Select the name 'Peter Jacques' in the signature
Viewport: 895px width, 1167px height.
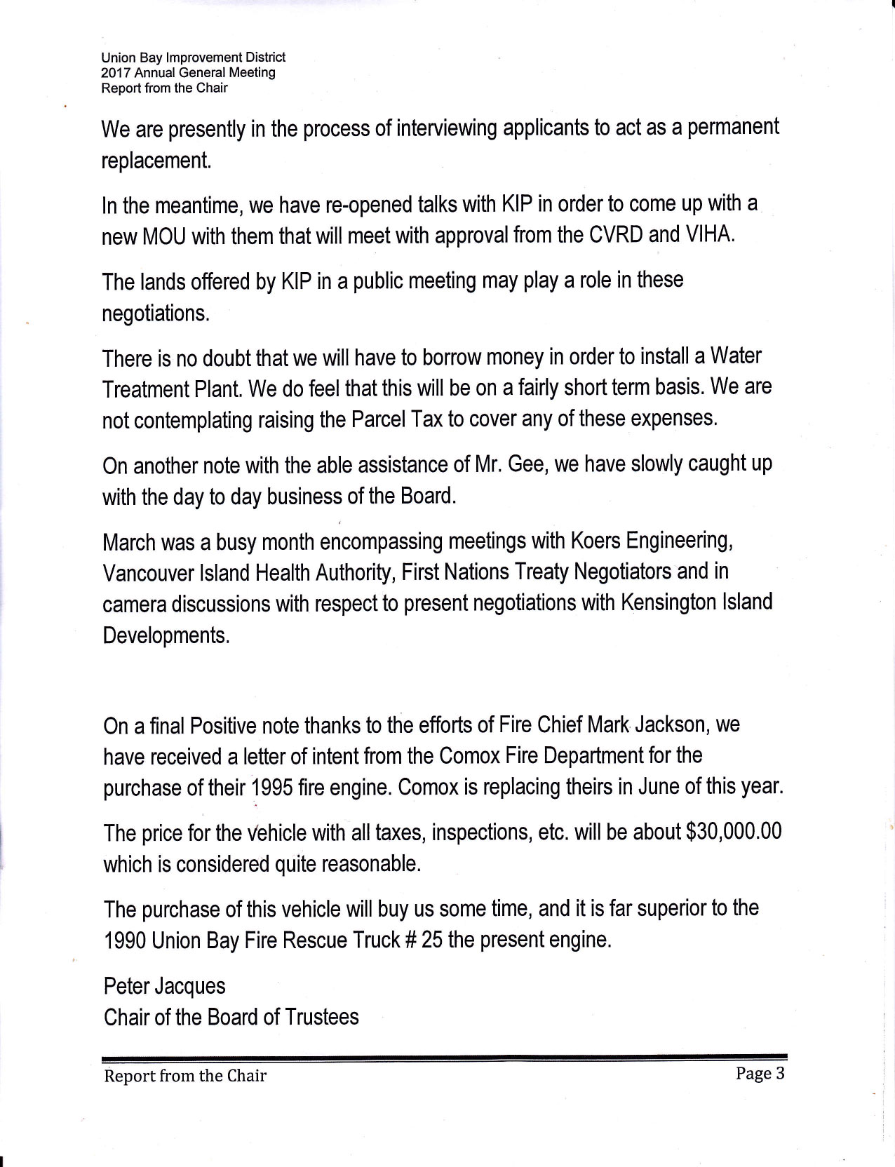click(x=164, y=986)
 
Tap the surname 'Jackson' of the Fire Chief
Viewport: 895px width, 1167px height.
click(x=674, y=724)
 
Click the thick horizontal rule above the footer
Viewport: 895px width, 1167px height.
click(x=445, y=1058)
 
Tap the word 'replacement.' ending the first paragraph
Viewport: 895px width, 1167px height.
click(x=156, y=161)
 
